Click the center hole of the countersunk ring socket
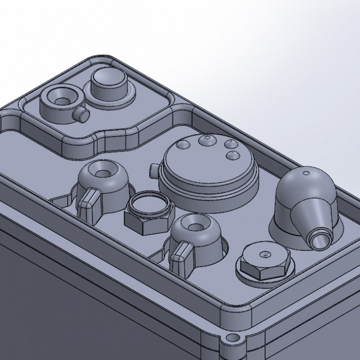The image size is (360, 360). coord(61,100)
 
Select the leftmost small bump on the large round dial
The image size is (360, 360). coord(181,143)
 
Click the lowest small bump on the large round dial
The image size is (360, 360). coord(232,155)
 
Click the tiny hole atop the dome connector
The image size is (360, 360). coord(306,172)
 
